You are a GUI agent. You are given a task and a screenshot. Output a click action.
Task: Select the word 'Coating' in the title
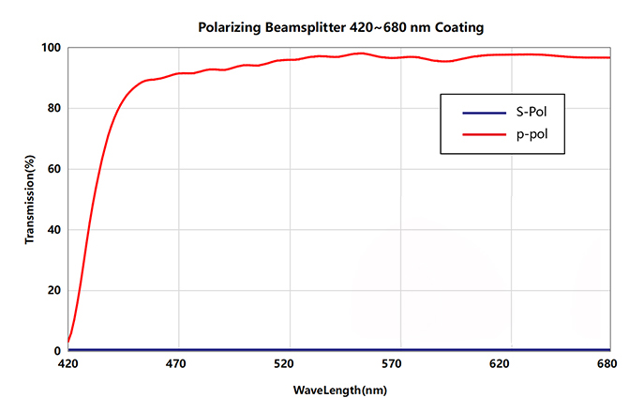coord(457,28)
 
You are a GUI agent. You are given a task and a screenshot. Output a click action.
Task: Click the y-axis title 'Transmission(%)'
coord(30,199)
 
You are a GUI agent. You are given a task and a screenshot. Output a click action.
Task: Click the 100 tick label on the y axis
coord(51,48)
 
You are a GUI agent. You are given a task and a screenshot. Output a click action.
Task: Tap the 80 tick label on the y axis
coord(54,109)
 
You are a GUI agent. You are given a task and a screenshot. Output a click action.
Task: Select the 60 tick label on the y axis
coord(54,169)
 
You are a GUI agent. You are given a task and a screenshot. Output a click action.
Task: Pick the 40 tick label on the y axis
coord(54,230)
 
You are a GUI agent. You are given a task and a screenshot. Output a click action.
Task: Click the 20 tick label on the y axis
coord(54,290)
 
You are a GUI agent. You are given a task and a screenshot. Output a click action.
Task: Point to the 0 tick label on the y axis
coord(57,350)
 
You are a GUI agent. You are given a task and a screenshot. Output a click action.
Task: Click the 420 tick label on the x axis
coord(68,364)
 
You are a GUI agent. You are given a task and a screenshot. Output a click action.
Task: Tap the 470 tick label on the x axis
coord(177,364)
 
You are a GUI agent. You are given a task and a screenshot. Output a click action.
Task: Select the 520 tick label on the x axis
coord(286,364)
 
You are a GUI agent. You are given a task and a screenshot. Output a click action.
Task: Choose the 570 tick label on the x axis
coord(394,364)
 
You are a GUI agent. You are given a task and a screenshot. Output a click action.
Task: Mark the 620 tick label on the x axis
coord(502,364)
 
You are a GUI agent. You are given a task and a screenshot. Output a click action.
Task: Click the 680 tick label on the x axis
coord(610,364)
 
